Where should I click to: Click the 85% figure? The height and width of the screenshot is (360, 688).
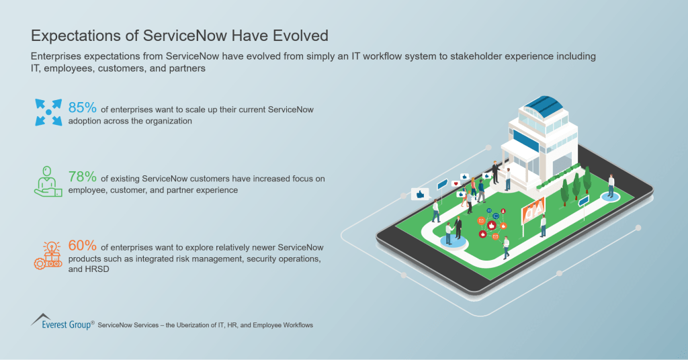(81, 107)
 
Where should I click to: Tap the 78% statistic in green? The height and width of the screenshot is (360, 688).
(81, 177)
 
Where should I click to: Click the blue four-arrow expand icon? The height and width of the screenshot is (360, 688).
(48, 112)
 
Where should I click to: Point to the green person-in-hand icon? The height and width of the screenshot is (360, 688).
(48, 182)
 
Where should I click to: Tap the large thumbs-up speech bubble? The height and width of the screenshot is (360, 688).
(421, 193)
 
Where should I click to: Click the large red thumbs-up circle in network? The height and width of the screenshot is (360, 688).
(482, 234)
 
